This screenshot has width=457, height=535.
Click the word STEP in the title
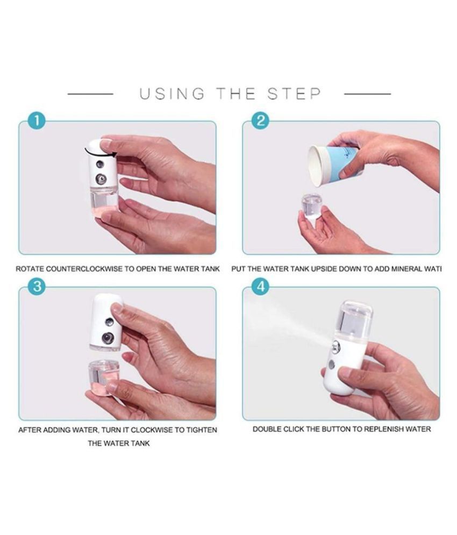[295, 94]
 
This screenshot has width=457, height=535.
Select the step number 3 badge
[36, 287]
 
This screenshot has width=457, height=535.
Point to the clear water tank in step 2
[311, 206]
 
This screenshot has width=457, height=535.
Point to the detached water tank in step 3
[103, 377]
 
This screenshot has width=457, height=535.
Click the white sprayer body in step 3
[105, 323]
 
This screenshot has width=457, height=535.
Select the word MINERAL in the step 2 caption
[407, 268]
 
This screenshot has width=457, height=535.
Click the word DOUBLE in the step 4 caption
[268, 429]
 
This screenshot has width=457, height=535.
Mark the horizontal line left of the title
[90, 94]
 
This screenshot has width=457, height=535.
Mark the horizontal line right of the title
[367, 94]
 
